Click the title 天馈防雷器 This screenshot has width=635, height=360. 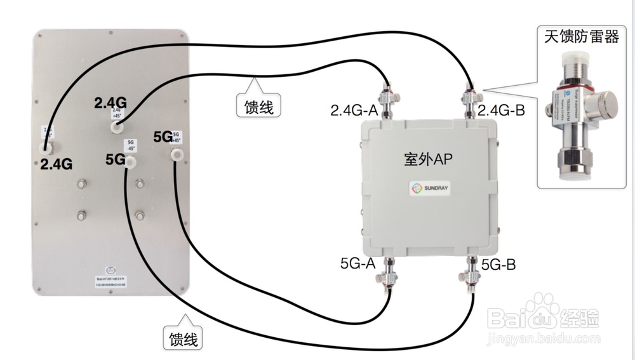pos(581,37)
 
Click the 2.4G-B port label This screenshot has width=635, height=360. pos(502,110)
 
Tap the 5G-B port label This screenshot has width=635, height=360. pos(498,263)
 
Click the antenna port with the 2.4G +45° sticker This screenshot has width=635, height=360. pos(116,127)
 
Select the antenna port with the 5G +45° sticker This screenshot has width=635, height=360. pos(176,154)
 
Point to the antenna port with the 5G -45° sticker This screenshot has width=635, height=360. pos(130,163)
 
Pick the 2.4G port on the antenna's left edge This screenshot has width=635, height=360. pos(46,148)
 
